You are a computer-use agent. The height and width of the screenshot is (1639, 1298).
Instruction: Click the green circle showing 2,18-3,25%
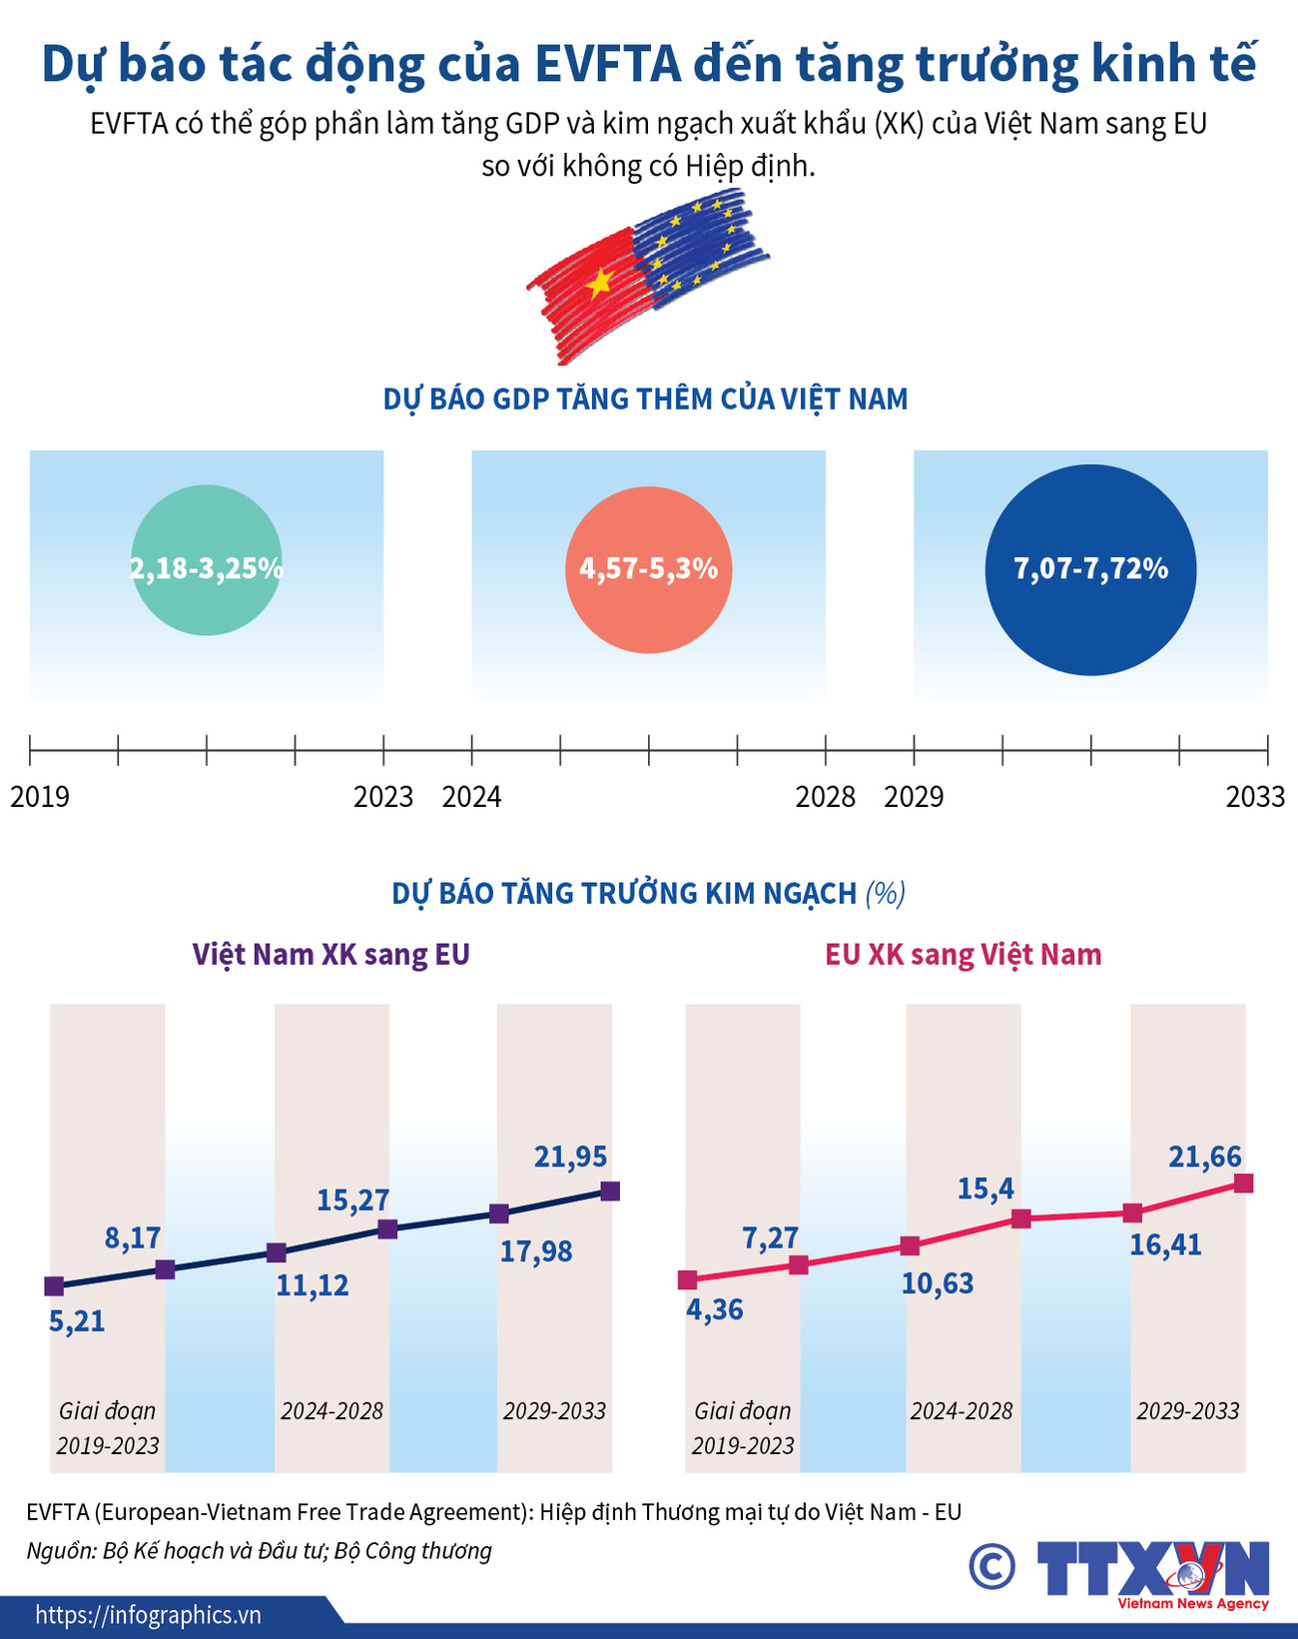pos(207,560)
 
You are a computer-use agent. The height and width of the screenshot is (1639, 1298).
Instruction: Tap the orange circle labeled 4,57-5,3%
pos(649,570)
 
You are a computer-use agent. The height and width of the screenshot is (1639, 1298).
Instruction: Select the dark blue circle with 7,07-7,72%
pos(1090,570)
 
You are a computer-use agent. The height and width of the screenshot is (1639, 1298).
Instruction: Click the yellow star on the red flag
pos(599,285)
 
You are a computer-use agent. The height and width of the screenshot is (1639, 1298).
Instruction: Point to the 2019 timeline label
pos(40,797)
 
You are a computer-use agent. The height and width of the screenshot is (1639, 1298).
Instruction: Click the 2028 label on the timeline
pos(826,797)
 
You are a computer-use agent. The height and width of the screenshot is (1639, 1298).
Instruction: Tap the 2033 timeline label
pos(1255,797)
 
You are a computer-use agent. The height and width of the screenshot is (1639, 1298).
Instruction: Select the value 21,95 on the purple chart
pos(570,1157)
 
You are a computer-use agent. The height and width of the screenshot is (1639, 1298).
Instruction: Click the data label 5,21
pos(77,1321)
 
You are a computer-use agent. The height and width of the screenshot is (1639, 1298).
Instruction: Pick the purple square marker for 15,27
pos(388,1229)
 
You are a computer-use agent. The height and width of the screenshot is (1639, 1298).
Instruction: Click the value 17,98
pos(536,1251)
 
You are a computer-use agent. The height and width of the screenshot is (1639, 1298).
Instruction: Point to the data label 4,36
pos(715,1309)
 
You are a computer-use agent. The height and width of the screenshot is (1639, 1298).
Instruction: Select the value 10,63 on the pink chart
pos(938,1283)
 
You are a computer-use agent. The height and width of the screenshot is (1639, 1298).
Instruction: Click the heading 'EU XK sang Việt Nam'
pos(963,955)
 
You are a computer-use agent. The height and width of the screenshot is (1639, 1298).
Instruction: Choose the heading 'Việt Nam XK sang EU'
pos(331,955)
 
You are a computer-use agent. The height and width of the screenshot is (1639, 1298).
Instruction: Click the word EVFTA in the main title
pos(608,64)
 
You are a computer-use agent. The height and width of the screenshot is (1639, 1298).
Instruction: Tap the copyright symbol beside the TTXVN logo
pos(991,1565)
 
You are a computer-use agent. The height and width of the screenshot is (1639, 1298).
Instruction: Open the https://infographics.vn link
pos(149,1615)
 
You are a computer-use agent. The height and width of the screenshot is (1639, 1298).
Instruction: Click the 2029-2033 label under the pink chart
pos(1188,1411)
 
